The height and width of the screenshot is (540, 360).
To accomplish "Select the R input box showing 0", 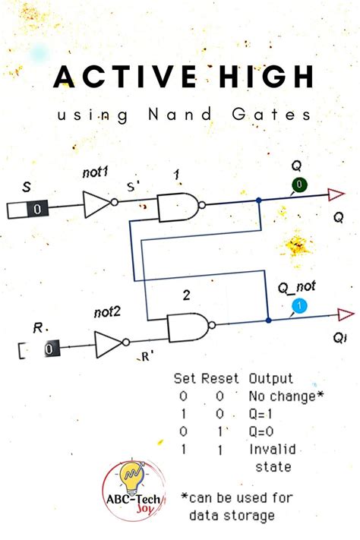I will (x=49, y=349).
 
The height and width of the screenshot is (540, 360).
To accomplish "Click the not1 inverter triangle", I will (x=96, y=204).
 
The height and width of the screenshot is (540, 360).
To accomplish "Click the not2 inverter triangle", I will (x=109, y=344).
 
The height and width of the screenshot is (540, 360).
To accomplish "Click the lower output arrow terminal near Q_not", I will (x=344, y=314).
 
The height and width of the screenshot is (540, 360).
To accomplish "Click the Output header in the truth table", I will (x=271, y=377).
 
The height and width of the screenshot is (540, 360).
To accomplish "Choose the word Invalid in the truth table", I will (x=270, y=450).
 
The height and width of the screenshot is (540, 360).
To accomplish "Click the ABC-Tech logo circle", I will (x=134, y=490).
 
